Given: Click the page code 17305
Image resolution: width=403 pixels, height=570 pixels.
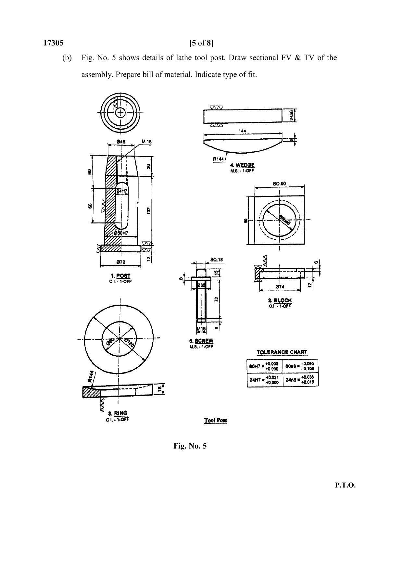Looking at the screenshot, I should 53,43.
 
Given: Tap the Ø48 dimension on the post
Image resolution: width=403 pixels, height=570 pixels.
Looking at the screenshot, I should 121,142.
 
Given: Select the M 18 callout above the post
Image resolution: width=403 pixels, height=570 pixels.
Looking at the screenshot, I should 146,142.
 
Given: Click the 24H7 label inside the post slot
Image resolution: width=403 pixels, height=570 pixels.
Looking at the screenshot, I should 122,191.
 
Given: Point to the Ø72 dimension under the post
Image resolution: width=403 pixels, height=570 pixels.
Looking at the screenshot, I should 120,262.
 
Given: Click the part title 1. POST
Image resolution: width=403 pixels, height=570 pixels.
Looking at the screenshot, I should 120,276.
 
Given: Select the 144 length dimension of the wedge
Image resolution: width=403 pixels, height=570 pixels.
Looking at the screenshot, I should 242,131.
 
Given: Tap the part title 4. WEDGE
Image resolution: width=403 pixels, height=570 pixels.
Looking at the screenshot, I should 242,165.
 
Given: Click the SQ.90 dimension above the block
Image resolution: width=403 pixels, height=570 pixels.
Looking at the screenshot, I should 280,184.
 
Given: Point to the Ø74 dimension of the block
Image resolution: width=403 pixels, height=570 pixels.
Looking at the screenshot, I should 280,287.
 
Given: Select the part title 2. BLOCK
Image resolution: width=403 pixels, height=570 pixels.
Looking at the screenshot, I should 280,301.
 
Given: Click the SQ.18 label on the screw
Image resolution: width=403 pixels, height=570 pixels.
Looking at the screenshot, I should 217,260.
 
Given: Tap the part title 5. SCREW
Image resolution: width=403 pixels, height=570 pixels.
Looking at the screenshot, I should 201,341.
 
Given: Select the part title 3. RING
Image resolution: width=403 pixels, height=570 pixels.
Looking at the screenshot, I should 118,413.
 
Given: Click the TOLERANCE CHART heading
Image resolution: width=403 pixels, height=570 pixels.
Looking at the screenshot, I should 282,352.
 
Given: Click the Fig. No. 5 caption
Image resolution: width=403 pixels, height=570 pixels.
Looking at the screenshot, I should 190,446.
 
